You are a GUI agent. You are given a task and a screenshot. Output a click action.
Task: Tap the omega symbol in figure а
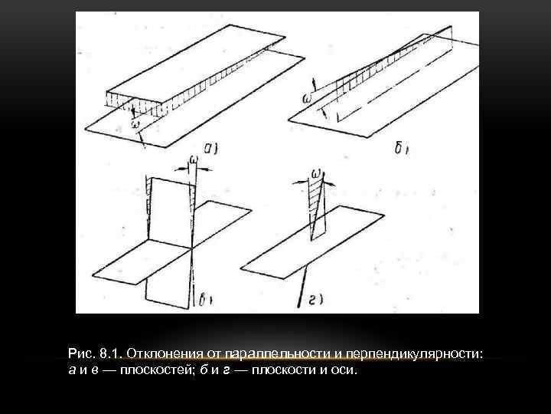click(x=135, y=122)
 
